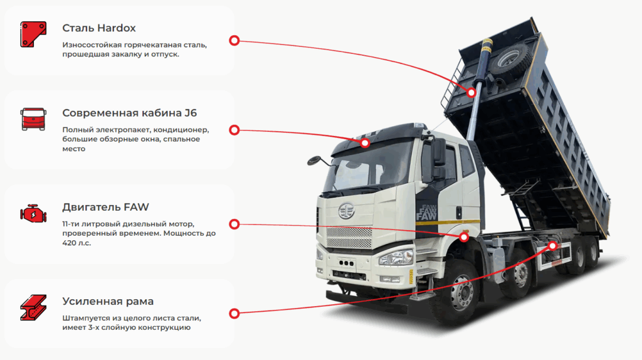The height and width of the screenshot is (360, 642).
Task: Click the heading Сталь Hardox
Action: coord(99,28)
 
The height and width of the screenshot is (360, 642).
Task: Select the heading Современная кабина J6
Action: coord(130,113)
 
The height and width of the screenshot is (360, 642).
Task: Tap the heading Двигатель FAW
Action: coord(105,207)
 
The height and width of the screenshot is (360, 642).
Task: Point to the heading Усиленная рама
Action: coord(108,302)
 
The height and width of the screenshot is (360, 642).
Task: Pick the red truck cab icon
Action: coord(33,119)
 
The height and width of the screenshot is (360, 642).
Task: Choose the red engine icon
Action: coord(33,214)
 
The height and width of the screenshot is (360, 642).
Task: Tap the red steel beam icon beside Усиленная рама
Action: coord(33,308)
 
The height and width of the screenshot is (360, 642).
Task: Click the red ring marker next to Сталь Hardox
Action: coord(234,40)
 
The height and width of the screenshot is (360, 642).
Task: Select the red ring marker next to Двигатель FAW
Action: coord(234,224)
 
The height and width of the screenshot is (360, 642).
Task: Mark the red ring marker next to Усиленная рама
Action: coord(234,313)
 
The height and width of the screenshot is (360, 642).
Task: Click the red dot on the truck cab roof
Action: coord(364,144)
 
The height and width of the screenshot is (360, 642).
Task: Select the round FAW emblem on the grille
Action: coord(347,211)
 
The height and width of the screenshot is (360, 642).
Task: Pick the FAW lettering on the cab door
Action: coord(428,213)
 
